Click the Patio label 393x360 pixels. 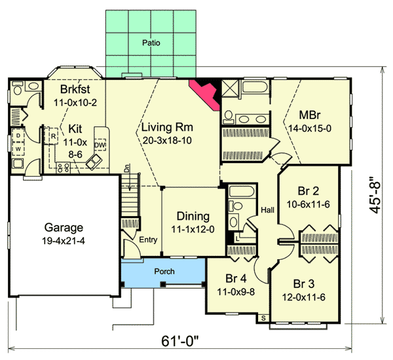point(151,43)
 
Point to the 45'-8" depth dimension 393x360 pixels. point(375,196)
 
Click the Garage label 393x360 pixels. point(64,228)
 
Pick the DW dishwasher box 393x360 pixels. point(100,145)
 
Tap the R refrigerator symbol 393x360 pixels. point(53,136)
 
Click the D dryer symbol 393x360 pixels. point(18,135)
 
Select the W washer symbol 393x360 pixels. point(18,149)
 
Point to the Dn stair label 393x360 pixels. point(127,168)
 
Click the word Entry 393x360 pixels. point(148,240)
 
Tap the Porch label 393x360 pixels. point(164,272)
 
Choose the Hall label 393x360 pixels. point(267,210)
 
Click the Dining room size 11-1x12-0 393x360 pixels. point(193,229)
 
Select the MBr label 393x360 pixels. point(310,115)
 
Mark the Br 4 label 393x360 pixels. point(236,278)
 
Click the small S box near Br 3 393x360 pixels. point(263,318)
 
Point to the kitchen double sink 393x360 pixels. point(94,161)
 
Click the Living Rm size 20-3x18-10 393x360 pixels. point(167,141)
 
